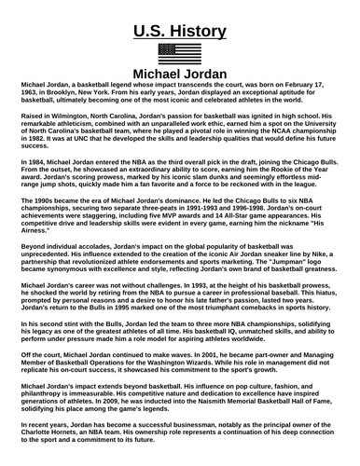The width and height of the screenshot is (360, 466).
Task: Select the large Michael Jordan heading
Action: click(x=180, y=73)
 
